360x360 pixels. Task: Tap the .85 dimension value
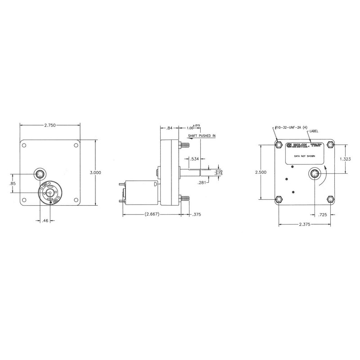point(13,183)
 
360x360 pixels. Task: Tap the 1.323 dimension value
point(345,159)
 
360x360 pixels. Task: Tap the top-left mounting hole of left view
point(26,146)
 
